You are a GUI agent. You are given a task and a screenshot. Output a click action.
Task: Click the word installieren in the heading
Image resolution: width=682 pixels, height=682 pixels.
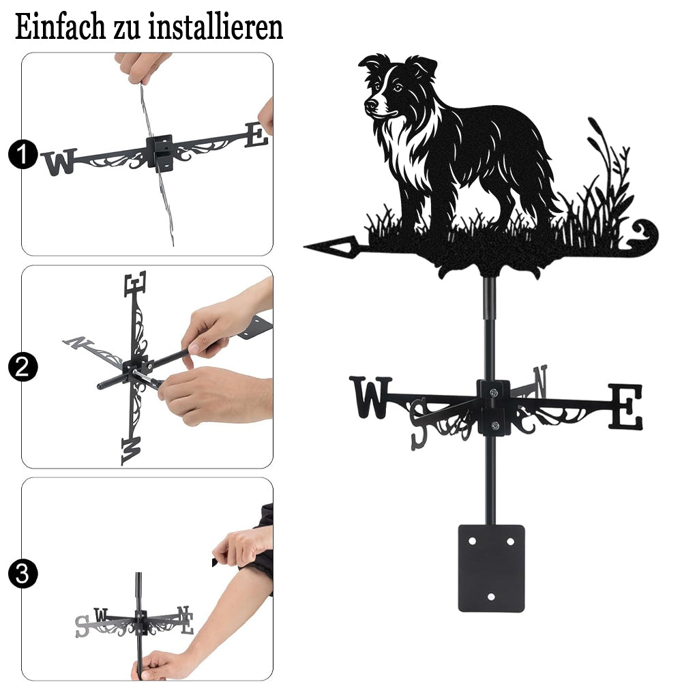pyautogui.click(x=216, y=27)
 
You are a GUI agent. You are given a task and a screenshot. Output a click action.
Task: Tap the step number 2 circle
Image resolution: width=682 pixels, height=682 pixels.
pyautogui.click(x=23, y=367)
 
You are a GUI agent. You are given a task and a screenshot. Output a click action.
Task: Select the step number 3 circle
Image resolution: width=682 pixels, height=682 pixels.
pyautogui.click(x=23, y=574)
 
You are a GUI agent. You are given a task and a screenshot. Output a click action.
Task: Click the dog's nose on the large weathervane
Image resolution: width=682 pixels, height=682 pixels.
pyautogui.click(x=370, y=104)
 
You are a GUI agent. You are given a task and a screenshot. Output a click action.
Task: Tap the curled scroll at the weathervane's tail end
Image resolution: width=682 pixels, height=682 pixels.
pyautogui.click(x=644, y=235)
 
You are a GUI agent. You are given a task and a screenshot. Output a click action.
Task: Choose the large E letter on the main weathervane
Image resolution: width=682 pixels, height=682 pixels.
pyautogui.click(x=625, y=406)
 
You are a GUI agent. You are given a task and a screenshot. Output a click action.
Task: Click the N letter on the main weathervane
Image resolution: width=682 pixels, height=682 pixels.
pyautogui.click(x=539, y=381)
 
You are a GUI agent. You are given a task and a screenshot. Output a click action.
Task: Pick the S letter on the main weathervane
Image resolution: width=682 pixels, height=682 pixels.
pyautogui.click(x=419, y=424)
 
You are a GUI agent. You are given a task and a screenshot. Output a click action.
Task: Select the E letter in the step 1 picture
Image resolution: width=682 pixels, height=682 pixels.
pyautogui.click(x=257, y=135)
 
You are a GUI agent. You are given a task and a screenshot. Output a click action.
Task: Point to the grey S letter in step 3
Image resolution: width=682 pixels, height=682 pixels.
pyautogui.click(x=82, y=626)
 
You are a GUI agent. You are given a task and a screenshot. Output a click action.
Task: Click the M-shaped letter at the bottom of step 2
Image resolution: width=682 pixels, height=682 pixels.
pyautogui.click(x=132, y=451)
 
